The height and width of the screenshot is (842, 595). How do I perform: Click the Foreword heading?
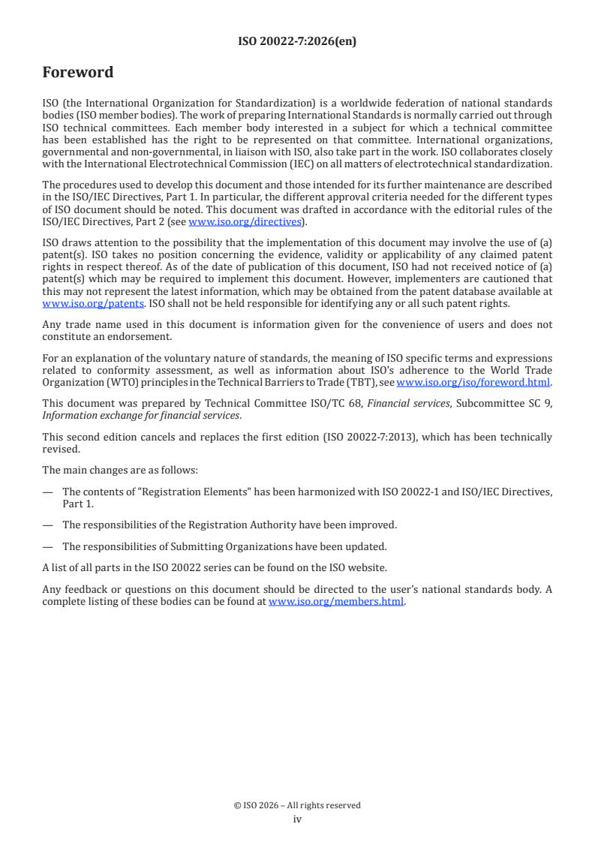(x=78, y=73)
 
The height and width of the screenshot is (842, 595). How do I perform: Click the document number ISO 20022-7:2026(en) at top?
(x=297, y=42)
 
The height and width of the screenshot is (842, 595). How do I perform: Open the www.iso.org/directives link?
(x=245, y=221)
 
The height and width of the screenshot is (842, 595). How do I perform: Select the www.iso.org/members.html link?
(x=336, y=602)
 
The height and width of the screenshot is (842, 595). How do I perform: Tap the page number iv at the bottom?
(x=297, y=819)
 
